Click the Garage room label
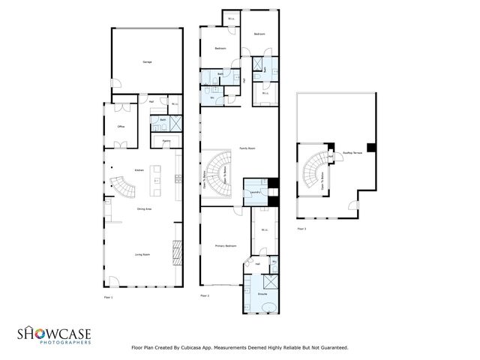pos(147,61)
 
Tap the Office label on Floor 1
pos(120,127)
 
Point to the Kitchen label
pos(139,171)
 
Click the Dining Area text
pos(144,209)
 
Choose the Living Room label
pos(142,255)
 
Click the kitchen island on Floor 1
pos(157,178)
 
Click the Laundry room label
pos(255,191)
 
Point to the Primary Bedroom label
pos(226,246)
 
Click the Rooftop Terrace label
pos(352,152)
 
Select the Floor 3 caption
pos(301,228)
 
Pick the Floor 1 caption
pos(107,298)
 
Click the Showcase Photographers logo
pos(54,335)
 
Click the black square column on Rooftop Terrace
pos(370,146)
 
